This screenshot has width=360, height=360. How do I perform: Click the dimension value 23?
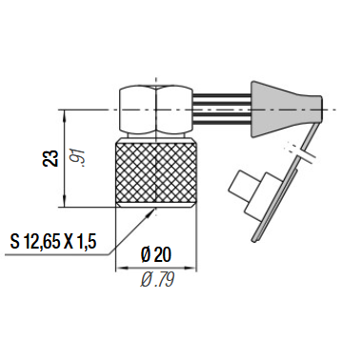(51, 158)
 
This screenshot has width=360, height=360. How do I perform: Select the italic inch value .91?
(77, 158)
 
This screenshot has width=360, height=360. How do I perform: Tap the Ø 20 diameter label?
(156, 255)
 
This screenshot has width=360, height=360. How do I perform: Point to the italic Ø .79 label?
(157, 280)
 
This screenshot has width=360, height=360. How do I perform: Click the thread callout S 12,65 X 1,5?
(53, 242)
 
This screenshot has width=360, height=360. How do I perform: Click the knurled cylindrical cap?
(156, 173)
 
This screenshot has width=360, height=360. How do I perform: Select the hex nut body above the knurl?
(156, 110)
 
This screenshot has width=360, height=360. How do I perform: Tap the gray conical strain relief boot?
(287, 110)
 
